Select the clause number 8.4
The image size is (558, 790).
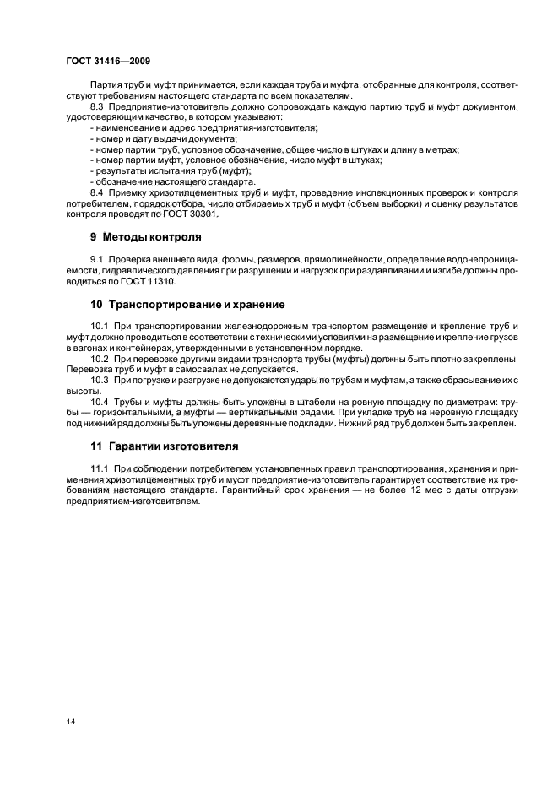click(x=98, y=192)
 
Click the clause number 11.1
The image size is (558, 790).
click(x=100, y=468)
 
